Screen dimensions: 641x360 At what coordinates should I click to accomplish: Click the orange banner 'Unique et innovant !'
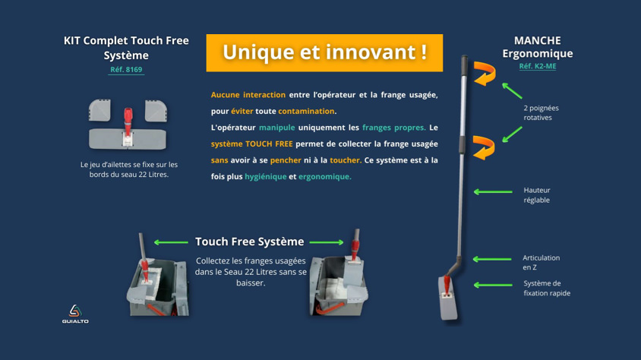click(x=324, y=52)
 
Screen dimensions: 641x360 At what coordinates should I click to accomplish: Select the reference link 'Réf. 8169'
click(x=126, y=69)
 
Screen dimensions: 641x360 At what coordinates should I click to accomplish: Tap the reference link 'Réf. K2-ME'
click(x=538, y=66)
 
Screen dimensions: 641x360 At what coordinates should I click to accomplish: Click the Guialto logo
click(x=75, y=314)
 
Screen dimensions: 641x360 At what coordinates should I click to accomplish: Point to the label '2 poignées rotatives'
click(x=542, y=112)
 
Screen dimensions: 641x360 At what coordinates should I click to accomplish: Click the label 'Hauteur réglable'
click(x=537, y=195)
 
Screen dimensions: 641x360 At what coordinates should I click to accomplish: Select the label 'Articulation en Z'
click(x=542, y=262)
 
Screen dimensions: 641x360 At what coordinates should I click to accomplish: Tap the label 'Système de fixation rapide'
click(x=547, y=288)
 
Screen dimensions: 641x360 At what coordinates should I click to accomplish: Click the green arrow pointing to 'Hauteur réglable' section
click(x=493, y=191)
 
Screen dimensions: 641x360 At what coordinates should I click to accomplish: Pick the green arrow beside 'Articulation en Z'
click(x=492, y=259)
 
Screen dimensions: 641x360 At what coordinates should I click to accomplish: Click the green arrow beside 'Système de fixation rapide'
click(x=493, y=285)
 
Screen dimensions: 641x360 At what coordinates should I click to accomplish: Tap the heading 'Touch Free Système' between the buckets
click(x=249, y=242)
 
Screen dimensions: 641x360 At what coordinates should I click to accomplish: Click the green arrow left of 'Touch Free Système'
click(x=171, y=242)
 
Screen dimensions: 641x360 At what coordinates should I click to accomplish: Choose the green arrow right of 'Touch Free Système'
click(x=327, y=242)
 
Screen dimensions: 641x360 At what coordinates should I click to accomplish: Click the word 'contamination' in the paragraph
click(x=306, y=111)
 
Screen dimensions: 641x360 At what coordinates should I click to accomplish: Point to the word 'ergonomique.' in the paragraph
click(x=325, y=176)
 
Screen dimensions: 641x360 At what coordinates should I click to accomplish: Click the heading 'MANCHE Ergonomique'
click(x=538, y=47)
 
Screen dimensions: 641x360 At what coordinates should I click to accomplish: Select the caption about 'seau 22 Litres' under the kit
click(x=129, y=169)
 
